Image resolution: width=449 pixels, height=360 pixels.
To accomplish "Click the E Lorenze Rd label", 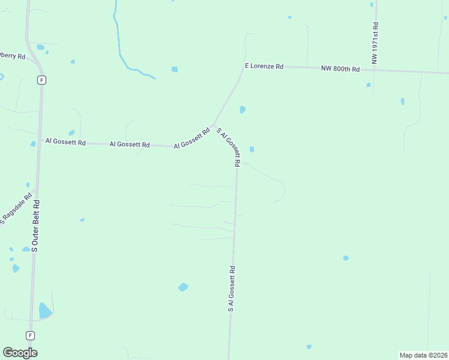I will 264,66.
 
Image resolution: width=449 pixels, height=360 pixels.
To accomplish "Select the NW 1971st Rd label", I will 375,43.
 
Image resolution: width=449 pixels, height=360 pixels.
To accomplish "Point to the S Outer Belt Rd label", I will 35,225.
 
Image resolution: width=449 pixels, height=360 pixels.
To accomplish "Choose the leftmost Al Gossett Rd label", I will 65,142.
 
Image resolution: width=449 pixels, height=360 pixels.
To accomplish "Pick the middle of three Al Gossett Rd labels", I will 130,144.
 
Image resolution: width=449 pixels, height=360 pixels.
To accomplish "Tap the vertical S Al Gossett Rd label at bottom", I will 231,289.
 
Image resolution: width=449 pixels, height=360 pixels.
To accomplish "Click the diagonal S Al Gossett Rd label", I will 229,147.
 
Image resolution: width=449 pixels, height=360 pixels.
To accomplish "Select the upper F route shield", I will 41,80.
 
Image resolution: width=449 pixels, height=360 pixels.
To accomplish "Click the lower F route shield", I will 30,335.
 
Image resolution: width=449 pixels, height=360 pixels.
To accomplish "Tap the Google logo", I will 20,353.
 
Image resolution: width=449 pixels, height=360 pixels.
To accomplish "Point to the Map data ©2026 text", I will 423,355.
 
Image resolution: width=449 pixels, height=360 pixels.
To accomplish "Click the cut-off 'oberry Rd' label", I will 12,56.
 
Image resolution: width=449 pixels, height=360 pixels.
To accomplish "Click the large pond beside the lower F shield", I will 44,310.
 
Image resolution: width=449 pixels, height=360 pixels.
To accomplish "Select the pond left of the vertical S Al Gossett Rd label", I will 183,287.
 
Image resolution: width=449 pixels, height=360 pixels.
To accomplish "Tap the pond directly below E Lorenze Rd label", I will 243,109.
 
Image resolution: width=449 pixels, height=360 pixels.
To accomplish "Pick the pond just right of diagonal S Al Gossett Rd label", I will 252,149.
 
